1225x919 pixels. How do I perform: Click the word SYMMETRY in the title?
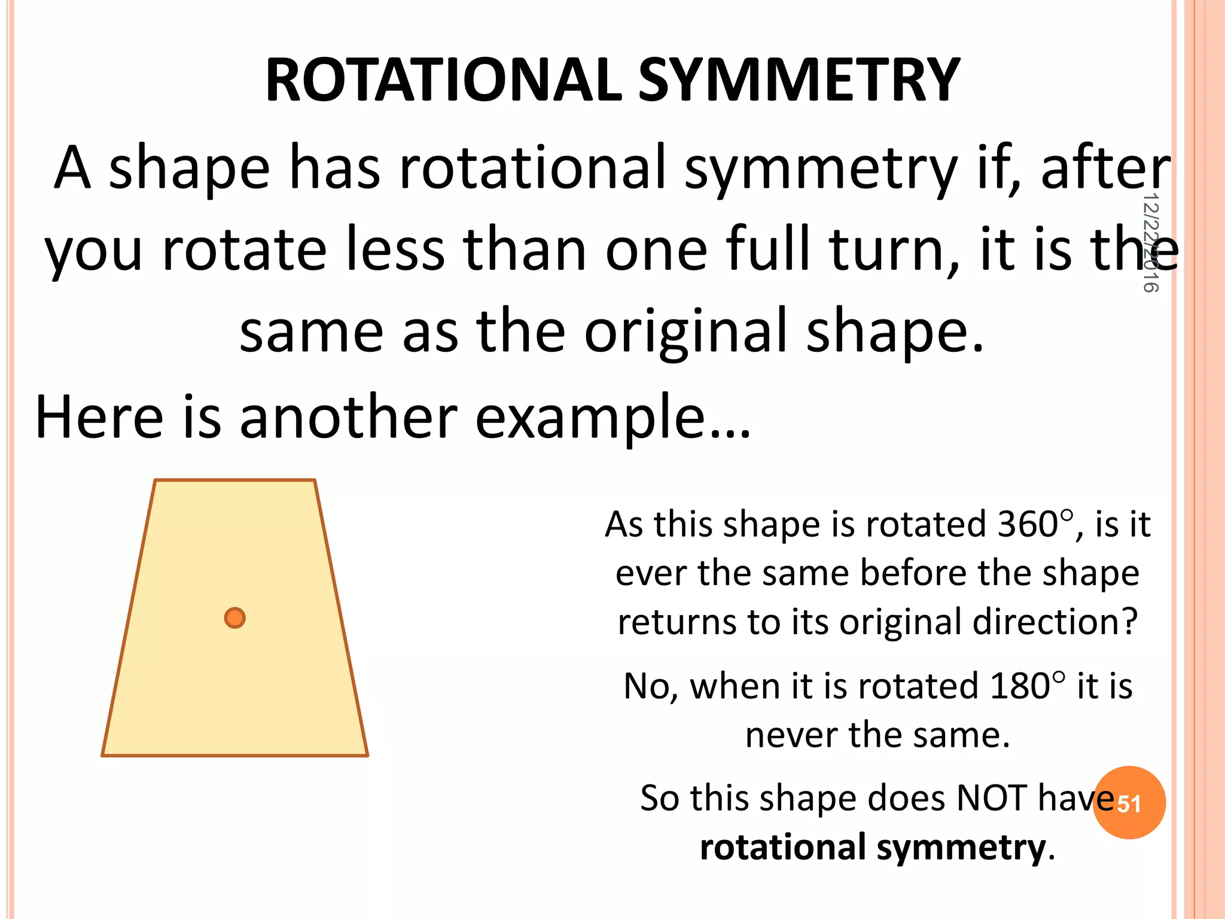[x=799, y=81]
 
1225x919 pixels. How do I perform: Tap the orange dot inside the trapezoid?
[x=234, y=617]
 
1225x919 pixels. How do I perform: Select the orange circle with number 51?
[x=1129, y=803]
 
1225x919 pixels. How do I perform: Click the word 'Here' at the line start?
[x=99, y=417]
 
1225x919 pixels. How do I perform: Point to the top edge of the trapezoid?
[x=234, y=480]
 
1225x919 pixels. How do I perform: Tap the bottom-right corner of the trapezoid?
[x=367, y=754]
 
